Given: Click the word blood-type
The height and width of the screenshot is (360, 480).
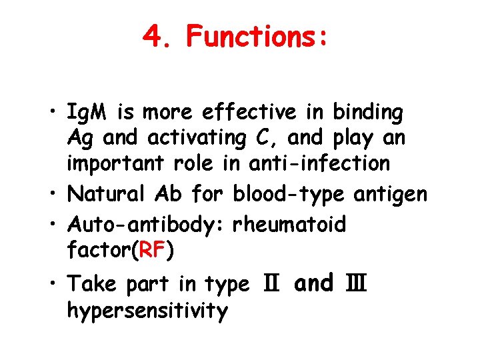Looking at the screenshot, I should pos(287,195).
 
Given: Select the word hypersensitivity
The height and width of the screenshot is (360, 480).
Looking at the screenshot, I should pos(148,310).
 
